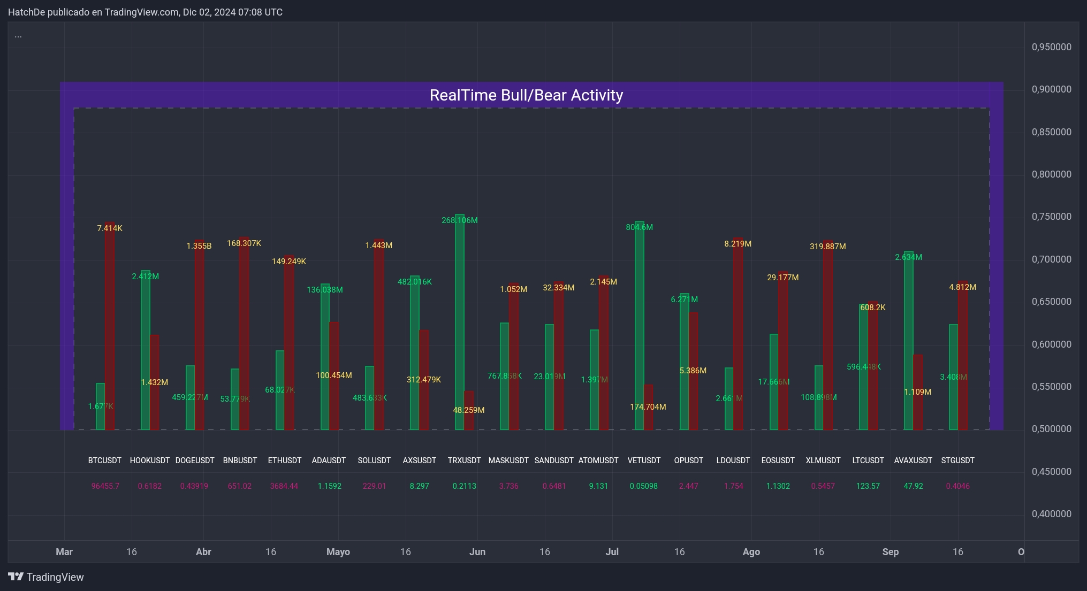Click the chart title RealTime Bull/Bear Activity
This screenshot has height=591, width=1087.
coord(526,95)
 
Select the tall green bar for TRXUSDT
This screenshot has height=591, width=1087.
coord(459,321)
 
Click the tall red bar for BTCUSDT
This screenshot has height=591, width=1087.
coord(110,326)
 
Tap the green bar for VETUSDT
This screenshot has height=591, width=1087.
coord(639,326)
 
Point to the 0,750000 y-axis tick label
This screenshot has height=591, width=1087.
coord(1051,217)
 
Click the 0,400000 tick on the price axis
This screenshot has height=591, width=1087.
coord(1051,514)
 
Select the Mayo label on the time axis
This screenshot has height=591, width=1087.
coord(338,552)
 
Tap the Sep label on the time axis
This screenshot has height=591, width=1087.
coord(890,552)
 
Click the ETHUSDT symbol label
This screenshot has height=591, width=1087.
coord(285,460)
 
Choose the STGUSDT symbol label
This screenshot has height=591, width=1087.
coord(957,460)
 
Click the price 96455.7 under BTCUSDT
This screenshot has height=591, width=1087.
coord(105,486)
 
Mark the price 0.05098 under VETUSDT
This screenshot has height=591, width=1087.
coord(643,486)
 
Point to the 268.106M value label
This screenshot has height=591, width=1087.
coord(459,220)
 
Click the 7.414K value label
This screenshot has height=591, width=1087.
coord(110,228)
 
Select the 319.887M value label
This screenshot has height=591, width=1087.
coord(827,247)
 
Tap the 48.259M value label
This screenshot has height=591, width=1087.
coord(468,410)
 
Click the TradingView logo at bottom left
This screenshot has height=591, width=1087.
coord(46,577)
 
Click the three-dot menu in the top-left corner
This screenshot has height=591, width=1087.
coord(18,36)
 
